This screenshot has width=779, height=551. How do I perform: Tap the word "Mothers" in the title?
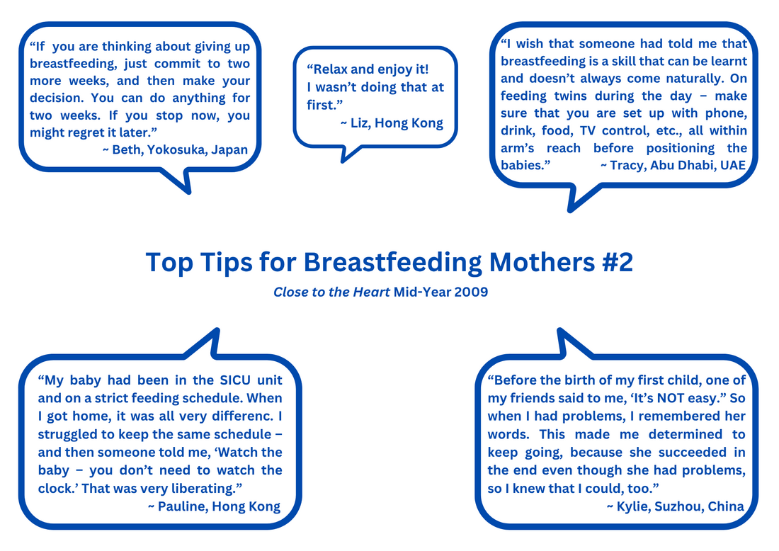click(542, 262)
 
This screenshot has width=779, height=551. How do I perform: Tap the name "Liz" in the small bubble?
click(360, 123)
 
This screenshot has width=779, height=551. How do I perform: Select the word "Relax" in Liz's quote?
click(329, 69)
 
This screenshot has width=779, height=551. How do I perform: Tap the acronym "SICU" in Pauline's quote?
click(235, 380)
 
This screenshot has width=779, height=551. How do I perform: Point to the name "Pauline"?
click(182, 506)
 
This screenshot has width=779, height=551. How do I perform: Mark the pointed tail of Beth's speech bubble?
click(188, 191)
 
